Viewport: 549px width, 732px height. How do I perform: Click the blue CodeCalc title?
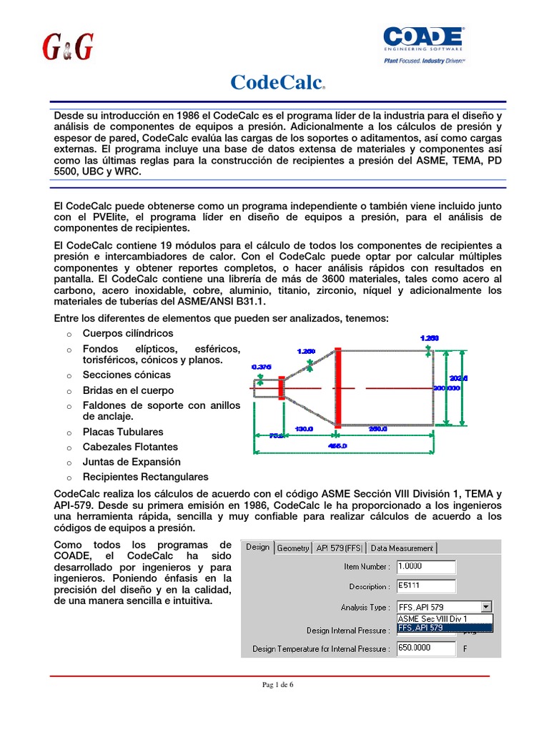click(276, 82)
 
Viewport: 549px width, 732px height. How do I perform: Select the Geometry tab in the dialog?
click(293, 548)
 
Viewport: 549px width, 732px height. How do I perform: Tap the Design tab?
click(258, 548)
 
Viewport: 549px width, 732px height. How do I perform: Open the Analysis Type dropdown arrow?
click(486, 607)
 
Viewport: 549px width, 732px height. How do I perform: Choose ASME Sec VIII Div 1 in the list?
click(443, 618)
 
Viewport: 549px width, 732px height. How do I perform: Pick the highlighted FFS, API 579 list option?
click(443, 628)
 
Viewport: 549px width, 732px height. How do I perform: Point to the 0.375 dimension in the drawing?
click(262, 367)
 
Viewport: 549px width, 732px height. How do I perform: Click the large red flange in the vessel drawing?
click(337, 388)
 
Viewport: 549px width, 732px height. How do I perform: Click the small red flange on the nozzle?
click(282, 388)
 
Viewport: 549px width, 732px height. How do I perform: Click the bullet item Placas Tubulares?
click(123, 432)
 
